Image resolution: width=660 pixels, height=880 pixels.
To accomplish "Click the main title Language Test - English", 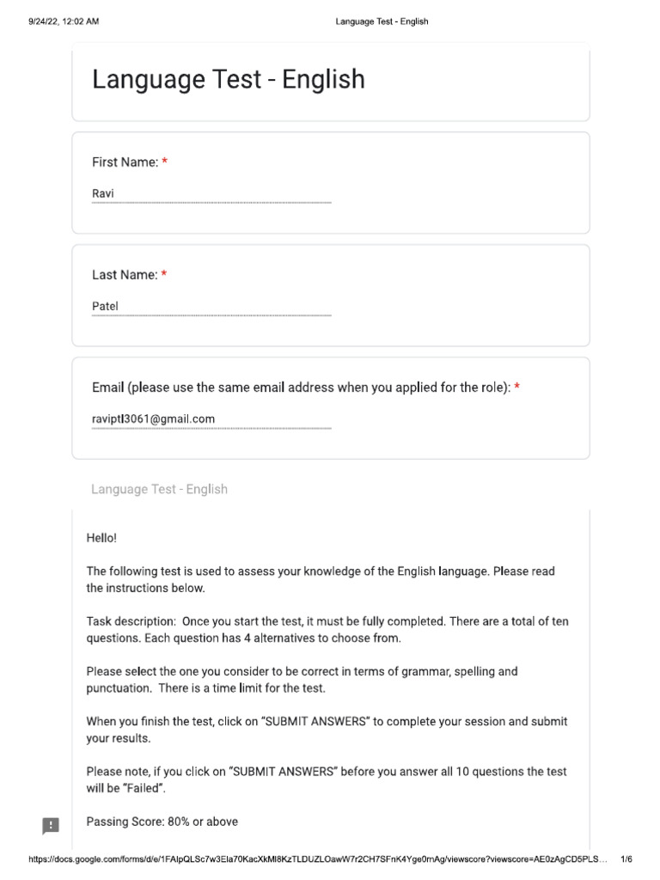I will [x=228, y=80].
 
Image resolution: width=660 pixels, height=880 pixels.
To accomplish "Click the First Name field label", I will [x=125, y=162].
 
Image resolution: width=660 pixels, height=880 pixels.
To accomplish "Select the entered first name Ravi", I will [x=103, y=194].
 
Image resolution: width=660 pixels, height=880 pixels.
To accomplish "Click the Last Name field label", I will [x=125, y=275].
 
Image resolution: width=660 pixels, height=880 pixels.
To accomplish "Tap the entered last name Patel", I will [x=105, y=307].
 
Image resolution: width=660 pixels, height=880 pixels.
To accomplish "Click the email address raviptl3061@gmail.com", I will [x=153, y=419].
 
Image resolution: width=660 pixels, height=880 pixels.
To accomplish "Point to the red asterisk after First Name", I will [x=165, y=162].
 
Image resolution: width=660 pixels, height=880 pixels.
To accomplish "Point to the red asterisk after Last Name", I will [x=164, y=274].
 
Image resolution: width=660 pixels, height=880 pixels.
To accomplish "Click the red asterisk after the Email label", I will [x=517, y=387].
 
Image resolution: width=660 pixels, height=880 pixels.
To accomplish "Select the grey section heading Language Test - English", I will [x=159, y=489].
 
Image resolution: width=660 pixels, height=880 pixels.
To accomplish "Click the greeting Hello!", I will [x=101, y=538].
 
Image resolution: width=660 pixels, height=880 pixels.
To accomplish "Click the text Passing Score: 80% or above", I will [x=162, y=822].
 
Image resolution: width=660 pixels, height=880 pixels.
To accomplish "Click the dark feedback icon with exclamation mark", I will [x=51, y=826].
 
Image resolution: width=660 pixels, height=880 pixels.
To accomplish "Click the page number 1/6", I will [x=626, y=859].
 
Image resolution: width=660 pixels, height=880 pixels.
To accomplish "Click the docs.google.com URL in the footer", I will [x=318, y=859].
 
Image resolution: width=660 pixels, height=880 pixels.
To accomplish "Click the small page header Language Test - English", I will [x=382, y=21].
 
